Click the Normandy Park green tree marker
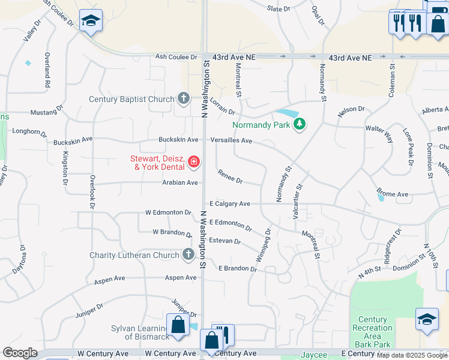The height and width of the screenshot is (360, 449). [300, 124]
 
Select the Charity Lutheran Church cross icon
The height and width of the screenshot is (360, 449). [188, 255]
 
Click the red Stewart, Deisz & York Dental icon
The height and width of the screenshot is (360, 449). [194, 161]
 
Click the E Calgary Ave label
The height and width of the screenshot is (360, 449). [229, 204]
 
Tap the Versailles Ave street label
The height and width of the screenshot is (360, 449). [231, 140]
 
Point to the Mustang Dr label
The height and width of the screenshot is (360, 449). [47, 112]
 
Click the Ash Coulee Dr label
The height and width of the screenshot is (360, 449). [176, 57]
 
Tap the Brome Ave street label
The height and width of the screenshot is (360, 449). [393, 194]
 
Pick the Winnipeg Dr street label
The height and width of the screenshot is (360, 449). [264, 245]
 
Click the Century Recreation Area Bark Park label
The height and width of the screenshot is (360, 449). [373, 332]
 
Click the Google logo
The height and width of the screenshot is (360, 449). [20, 353]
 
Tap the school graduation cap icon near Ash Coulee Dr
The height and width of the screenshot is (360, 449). [91, 22]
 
